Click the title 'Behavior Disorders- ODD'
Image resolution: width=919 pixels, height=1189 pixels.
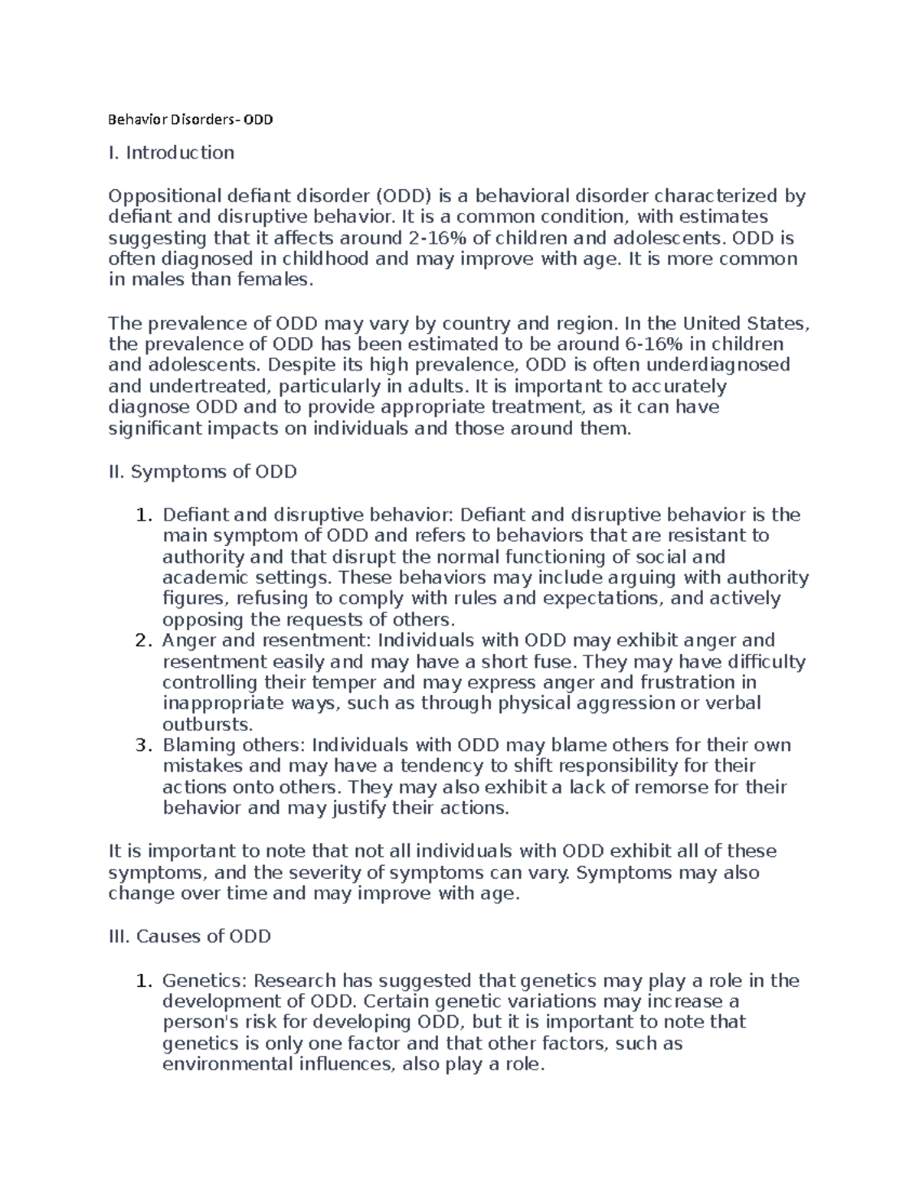191,120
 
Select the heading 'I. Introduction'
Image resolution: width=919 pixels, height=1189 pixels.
172,153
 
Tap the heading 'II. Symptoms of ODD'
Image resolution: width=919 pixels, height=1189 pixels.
203,472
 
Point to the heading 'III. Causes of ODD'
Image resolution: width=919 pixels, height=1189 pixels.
190,936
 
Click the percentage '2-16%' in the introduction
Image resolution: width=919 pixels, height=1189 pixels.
430,238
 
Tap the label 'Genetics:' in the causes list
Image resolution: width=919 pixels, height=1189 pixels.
204,981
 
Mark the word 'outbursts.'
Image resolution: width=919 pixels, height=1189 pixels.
208,724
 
